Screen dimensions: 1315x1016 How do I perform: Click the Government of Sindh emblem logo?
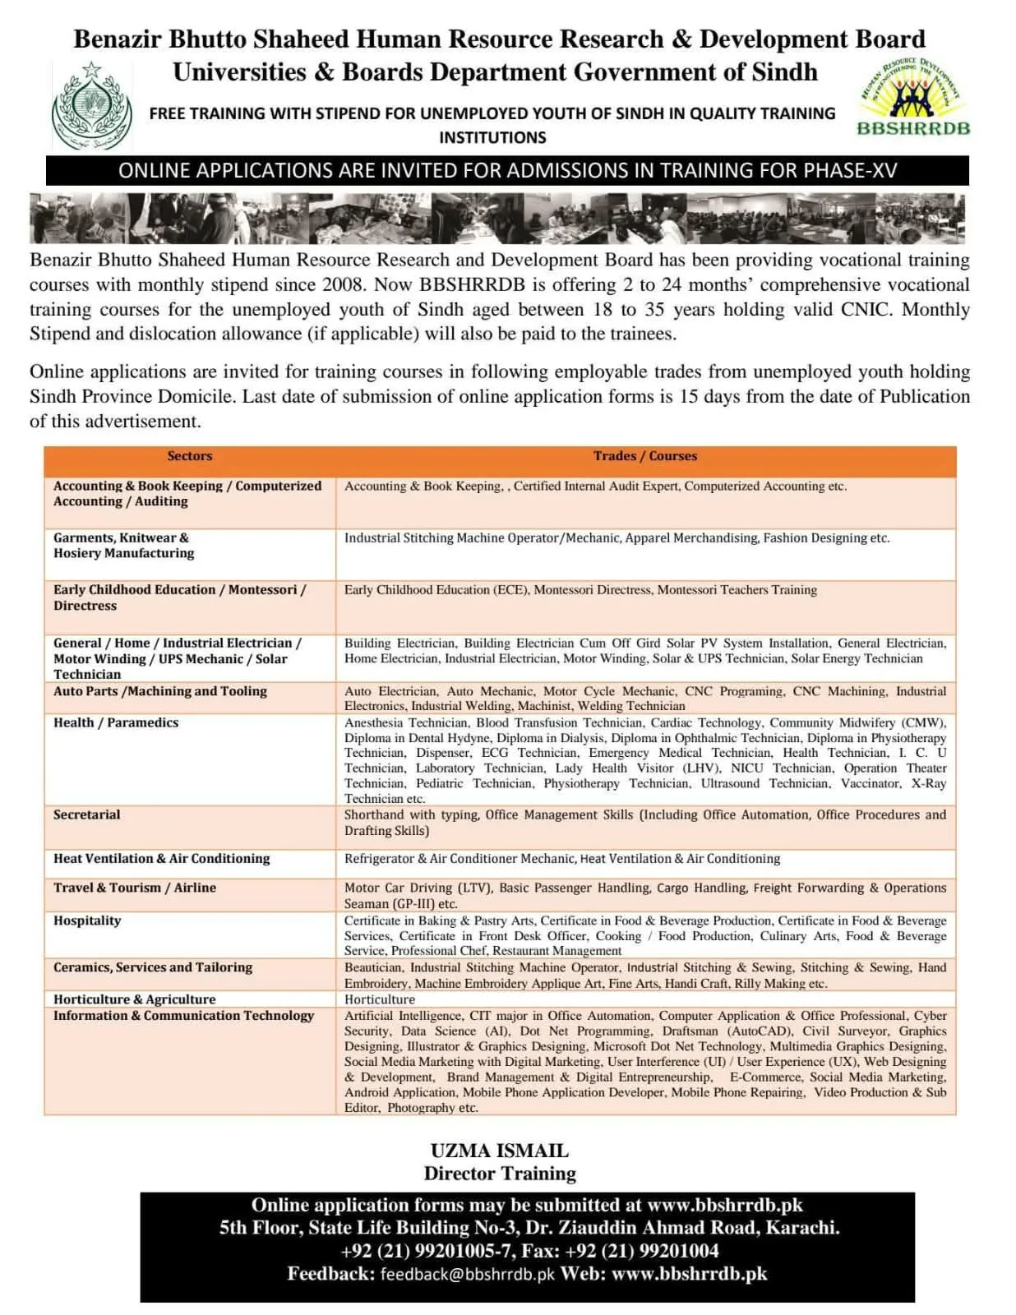pos(91,107)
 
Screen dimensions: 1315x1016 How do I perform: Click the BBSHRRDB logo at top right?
pos(912,99)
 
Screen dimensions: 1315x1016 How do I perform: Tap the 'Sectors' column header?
pos(189,456)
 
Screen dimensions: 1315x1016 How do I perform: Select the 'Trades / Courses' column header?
pos(644,456)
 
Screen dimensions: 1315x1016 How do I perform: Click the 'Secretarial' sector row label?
pos(86,814)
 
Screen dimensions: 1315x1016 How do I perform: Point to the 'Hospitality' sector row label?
pos(87,920)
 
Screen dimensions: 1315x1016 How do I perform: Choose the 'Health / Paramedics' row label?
pos(115,722)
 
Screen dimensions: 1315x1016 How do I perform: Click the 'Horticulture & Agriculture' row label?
pos(134,999)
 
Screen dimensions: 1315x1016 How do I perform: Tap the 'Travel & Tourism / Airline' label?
pos(134,888)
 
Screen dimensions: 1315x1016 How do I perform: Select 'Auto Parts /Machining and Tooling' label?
pos(159,691)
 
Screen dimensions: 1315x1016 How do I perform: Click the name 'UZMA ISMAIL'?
pos(499,1151)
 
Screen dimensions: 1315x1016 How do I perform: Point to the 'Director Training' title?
pos(499,1174)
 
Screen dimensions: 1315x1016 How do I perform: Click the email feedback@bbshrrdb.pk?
pos(467,1275)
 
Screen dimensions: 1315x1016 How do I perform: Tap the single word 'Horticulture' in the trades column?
pos(379,999)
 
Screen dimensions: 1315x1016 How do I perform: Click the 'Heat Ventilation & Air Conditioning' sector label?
pos(161,858)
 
